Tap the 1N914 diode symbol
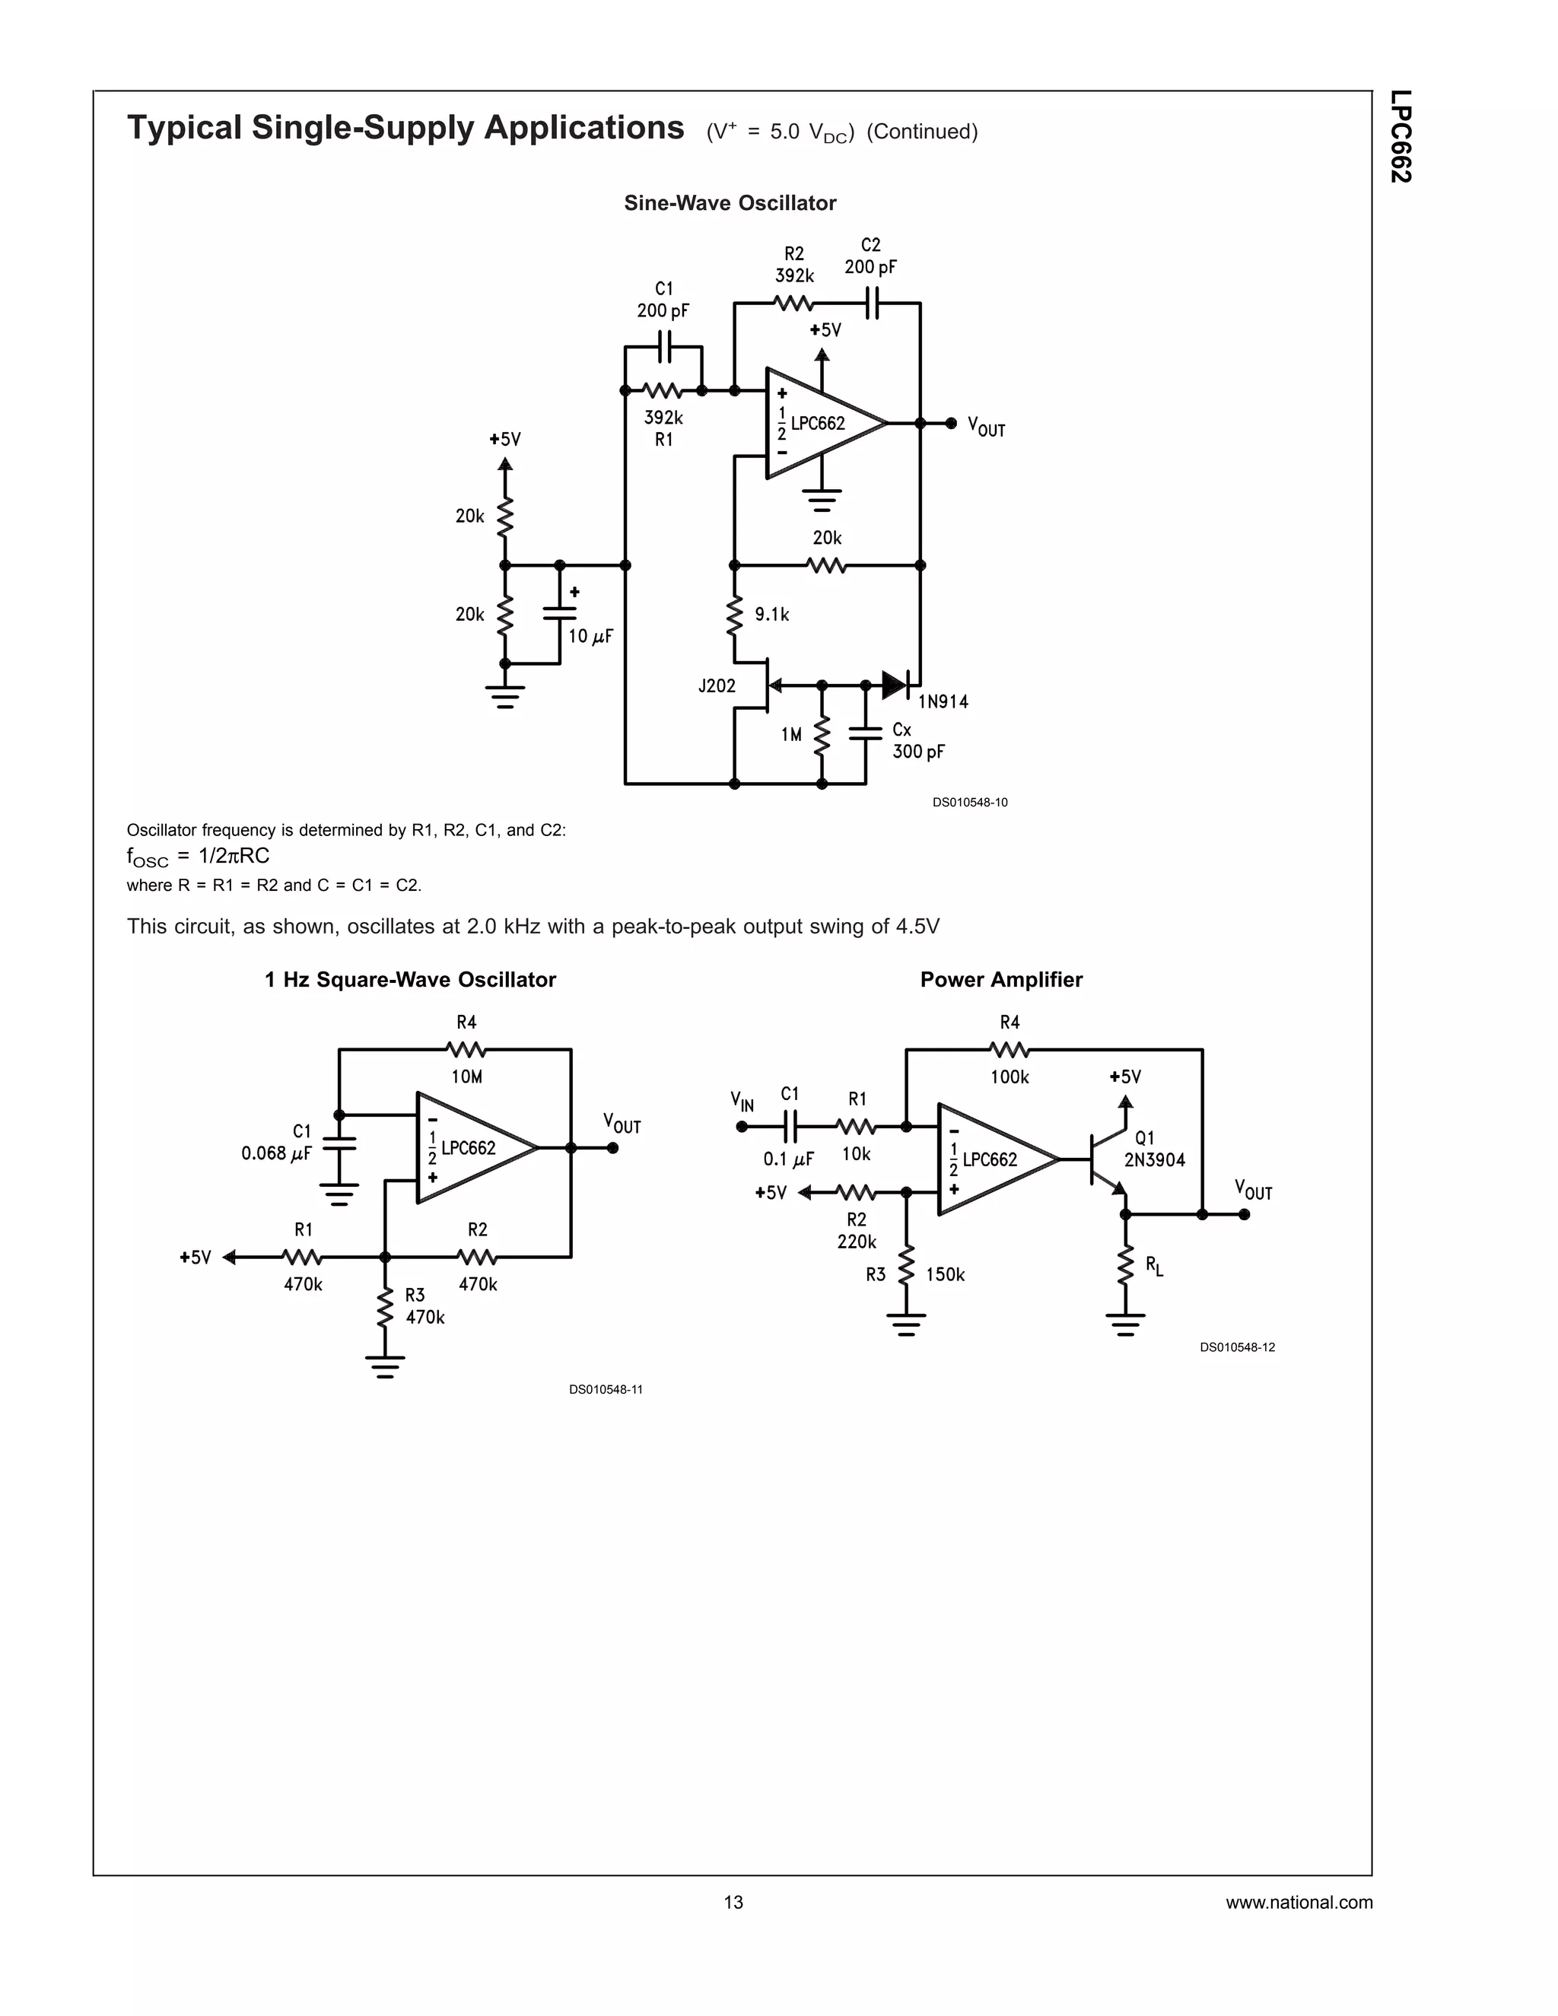click(x=895, y=685)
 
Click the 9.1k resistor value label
click(x=771, y=615)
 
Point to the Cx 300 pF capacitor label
click(x=917, y=741)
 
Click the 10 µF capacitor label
click(x=590, y=636)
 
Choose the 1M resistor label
click(x=791, y=735)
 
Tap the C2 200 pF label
click(x=870, y=256)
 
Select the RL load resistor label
click(x=1154, y=1266)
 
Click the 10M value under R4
click(x=466, y=1076)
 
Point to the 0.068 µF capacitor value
click(x=276, y=1153)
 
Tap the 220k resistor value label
click(x=857, y=1242)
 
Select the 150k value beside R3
click(x=945, y=1275)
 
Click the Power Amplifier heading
click(x=1000, y=979)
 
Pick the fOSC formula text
click(x=199, y=856)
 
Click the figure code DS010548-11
click(x=606, y=1389)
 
